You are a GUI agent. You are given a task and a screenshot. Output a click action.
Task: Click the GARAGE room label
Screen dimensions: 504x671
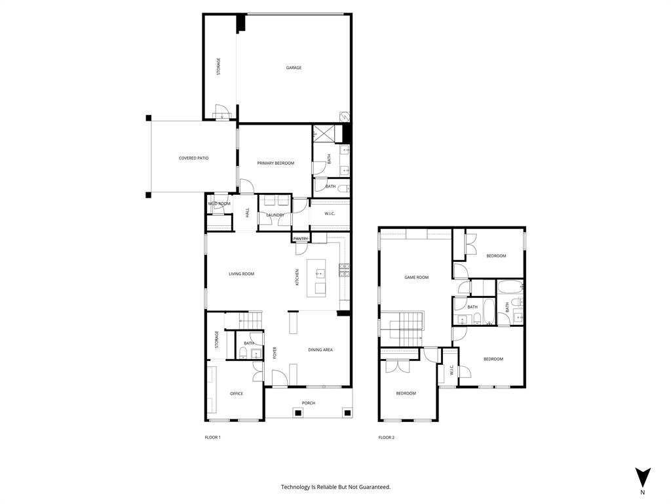coord(294,68)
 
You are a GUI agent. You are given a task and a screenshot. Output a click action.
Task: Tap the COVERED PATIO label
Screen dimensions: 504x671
coord(193,158)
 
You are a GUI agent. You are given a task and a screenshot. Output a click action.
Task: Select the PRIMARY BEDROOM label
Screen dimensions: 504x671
coord(275,163)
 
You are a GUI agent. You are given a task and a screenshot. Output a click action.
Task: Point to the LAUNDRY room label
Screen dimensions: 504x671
coord(275,215)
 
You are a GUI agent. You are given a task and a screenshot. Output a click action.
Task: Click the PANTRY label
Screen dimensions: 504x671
coord(301,239)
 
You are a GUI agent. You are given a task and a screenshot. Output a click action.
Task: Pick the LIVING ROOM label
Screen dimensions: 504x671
coord(241,274)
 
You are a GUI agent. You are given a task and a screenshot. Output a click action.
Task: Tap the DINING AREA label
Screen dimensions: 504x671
coord(320,350)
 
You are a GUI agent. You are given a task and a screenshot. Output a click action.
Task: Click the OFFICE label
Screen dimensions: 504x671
coord(237,394)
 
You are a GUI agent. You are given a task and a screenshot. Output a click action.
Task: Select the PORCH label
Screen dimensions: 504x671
coord(309,403)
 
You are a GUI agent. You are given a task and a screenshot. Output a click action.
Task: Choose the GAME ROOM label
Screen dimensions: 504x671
coord(416,278)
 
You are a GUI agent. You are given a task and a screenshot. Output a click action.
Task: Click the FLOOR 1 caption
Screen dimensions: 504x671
coord(213,437)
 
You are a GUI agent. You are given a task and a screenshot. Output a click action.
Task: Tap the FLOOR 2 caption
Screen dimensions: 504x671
coord(387,437)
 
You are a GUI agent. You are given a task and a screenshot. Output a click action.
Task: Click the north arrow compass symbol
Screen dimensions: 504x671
coord(643,477)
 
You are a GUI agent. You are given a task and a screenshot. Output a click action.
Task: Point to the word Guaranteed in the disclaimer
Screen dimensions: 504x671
coord(374,487)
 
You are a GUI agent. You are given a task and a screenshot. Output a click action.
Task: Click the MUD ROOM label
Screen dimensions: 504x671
coord(220,204)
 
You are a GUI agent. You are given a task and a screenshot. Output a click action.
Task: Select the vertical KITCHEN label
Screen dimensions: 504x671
coord(297,277)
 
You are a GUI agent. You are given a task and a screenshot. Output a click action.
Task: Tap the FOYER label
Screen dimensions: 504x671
coord(275,354)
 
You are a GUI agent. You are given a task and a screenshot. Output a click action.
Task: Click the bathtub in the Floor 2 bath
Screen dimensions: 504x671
coord(509,287)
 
